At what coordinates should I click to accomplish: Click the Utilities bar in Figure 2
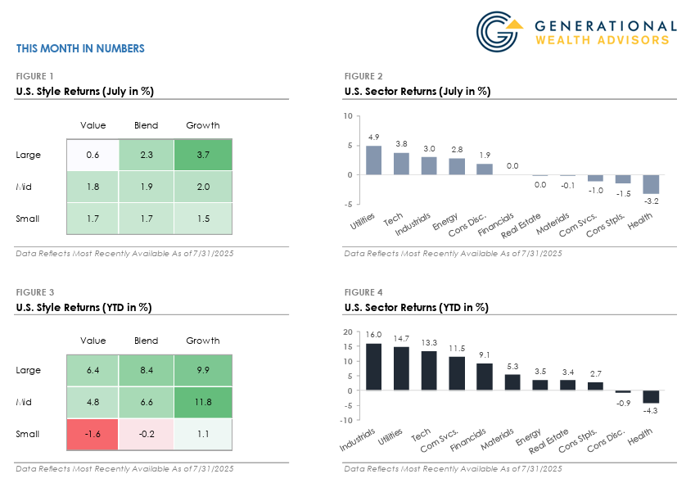click(373, 160)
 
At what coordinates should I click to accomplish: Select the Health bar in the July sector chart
click(651, 184)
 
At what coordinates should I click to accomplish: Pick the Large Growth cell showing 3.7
click(202, 155)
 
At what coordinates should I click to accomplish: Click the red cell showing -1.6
click(93, 434)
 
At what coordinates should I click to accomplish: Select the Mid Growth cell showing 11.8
click(202, 402)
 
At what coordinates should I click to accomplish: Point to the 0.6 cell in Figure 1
click(93, 155)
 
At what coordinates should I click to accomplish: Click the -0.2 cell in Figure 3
click(147, 434)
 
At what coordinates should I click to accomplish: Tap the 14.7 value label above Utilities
click(401, 338)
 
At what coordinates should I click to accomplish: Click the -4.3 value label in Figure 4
click(651, 410)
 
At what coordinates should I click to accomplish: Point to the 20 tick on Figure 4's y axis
click(348, 332)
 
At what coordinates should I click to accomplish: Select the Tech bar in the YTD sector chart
click(429, 371)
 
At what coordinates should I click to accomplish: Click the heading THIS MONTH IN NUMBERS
click(80, 48)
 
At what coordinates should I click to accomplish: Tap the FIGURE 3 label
click(35, 292)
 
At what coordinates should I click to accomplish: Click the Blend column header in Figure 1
click(147, 125)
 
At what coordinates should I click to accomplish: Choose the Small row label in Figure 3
click(28, 434)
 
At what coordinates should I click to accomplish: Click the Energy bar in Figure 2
click(457, 166)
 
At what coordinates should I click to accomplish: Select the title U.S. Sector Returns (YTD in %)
click(417, 307)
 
